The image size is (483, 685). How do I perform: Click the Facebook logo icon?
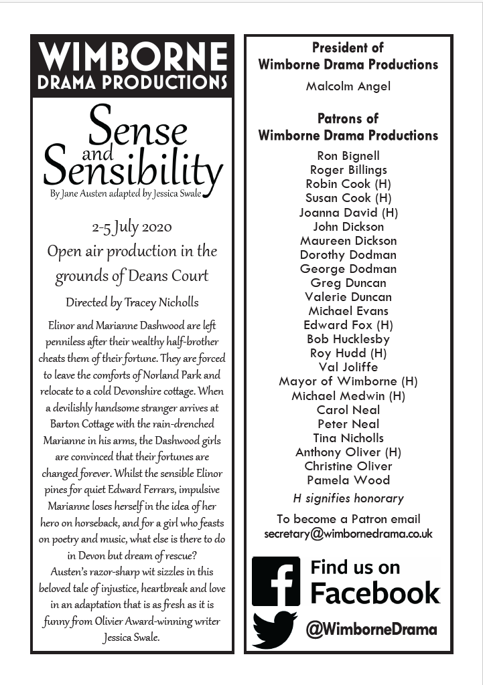(275, 581)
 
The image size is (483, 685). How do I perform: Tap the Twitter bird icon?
(275, 629)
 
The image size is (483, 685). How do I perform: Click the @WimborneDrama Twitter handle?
(371, 629)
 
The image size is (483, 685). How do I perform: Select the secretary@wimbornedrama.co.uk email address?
(348, 534)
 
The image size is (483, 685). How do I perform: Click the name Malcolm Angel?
(348, 86)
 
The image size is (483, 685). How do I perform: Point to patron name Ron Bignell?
(348, 156)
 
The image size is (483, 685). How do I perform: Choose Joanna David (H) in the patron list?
(348, 213)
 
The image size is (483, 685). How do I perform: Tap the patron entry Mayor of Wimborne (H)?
(348, 381)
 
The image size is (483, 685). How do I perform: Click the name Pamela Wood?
(348, 480)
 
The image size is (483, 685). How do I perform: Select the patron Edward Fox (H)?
(348, 325)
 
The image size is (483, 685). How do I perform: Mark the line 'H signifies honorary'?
(348, 498)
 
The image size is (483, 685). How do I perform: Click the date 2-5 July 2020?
(132, 227)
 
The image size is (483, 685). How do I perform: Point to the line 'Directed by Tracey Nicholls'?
(132, 302)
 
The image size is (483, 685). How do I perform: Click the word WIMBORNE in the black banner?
(132, 57)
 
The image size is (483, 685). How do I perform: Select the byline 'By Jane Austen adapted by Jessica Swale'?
(125, 195)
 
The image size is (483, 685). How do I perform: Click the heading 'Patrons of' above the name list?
(348, 118)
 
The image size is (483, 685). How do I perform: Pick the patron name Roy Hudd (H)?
(348, 353)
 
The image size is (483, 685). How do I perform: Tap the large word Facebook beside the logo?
(375, 593)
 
